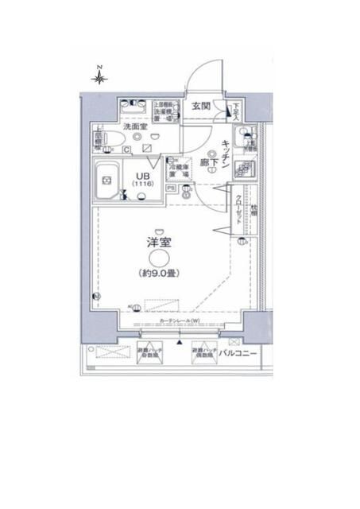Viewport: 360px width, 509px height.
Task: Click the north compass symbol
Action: click(99, 76)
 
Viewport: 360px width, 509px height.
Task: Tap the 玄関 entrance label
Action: click(200, 106)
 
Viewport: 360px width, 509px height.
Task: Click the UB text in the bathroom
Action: click(141, 177)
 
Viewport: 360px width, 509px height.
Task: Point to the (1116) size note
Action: click(141, 186)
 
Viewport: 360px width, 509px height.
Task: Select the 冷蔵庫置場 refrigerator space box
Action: click(179, 169)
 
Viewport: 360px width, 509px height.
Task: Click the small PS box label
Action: click(171, 188)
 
